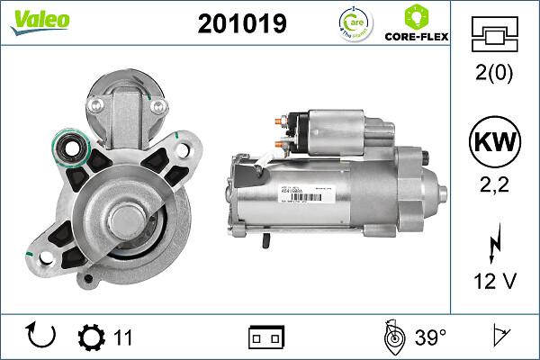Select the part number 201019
coord(241,23)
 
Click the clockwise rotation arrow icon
coord(42,336)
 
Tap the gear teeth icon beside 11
coord(92,337)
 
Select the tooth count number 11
coord(123,337)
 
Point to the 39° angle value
coord(431,337)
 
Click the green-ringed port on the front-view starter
coord(68,146)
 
